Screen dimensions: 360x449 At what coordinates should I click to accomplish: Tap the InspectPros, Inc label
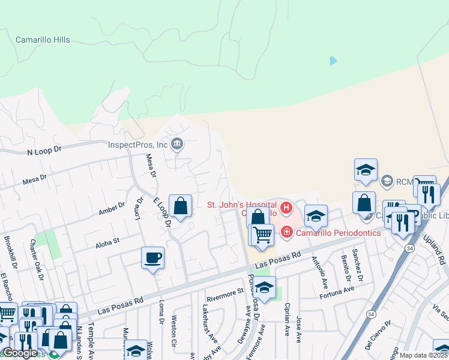[x=137, y=145]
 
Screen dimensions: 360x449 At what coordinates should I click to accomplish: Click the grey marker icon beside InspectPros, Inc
[x=177, y=144]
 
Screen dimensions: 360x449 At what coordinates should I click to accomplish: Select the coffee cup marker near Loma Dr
[x=152, y=259]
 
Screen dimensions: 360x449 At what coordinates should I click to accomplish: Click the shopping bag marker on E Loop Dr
[x=180, y=207]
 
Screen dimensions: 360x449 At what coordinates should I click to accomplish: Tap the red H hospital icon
[x=286, y=209]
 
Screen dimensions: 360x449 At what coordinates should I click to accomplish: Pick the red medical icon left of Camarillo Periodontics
[x=286, y=232]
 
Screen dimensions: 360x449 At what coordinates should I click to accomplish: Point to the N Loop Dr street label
[x=44, y=150]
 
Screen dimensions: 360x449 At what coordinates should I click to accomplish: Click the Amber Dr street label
[x=111, y=209]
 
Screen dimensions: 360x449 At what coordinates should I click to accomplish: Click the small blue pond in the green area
[x=333, y=61]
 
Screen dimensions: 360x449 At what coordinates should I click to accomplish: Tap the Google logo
[x=20, y=353]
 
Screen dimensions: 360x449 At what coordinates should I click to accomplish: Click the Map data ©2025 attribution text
[x=424, y=355]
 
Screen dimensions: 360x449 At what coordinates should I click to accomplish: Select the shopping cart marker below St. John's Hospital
[x=262, y=235]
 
